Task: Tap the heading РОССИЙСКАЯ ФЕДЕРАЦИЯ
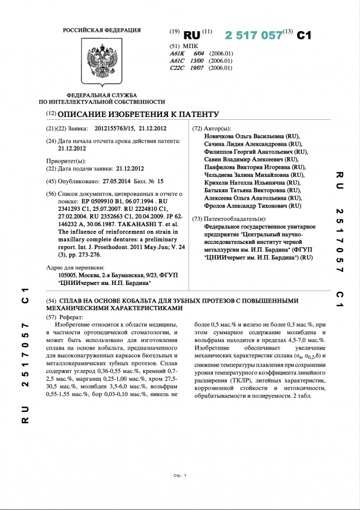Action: pyautogui.click(x=102, y=30)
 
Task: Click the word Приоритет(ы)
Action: pyautogui.click(x=66, y=160)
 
